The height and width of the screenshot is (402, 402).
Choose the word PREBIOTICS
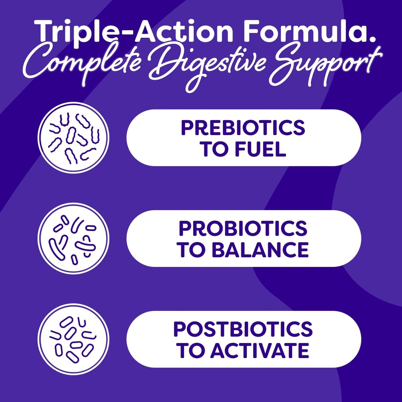coord(243,128)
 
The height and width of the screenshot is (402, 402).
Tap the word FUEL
coord(264,150)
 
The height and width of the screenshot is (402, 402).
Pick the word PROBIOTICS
coord(243,228)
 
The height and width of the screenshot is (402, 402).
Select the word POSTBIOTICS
coord(243,329)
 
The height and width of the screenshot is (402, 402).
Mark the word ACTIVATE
coord(259,351)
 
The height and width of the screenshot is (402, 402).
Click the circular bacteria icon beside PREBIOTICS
coord(73,138)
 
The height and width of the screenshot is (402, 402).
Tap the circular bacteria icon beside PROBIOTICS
coord(73,238)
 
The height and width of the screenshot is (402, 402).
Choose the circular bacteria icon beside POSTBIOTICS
coord(73,339)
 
